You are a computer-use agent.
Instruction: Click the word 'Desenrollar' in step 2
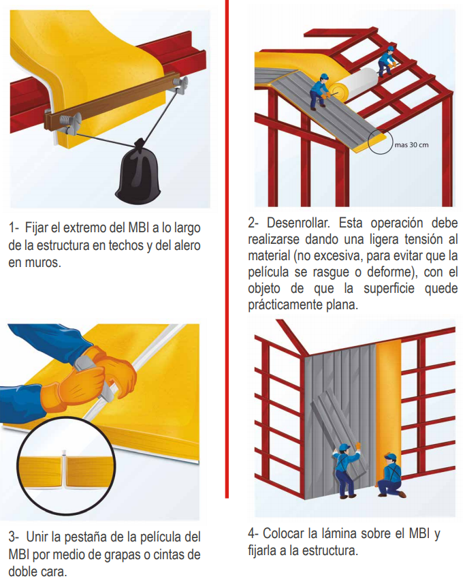297,223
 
